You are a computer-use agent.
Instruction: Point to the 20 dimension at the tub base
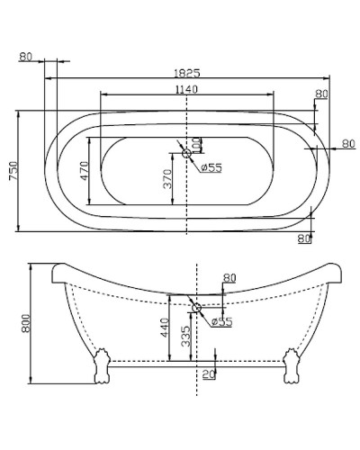pos(209,373)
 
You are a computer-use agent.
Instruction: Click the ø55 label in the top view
pos(211,166)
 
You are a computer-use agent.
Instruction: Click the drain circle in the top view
pos(187,153)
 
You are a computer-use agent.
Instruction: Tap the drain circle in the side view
pos(196,309)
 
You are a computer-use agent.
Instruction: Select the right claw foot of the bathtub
pos(291,367)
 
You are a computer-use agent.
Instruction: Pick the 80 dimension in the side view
pos(229,277)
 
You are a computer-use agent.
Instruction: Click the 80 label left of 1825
pos(24,57)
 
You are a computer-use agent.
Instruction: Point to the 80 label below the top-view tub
pos(303,238)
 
